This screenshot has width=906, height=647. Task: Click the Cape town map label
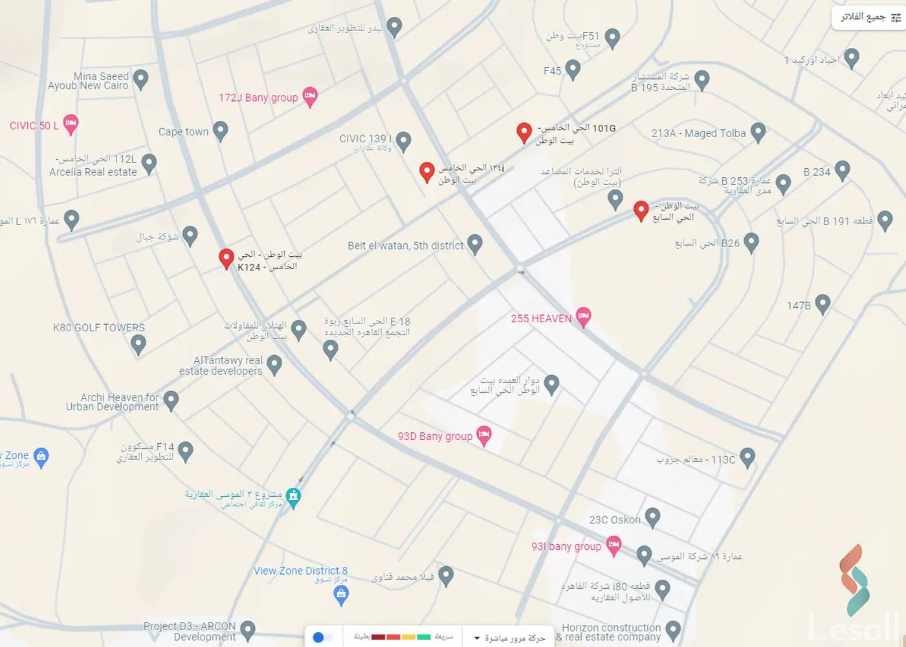pos(184,132)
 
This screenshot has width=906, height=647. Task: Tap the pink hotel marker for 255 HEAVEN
pos(583,317)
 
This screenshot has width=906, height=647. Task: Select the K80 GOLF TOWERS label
pos(99,328)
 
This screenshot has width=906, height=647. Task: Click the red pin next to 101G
pos(524,132)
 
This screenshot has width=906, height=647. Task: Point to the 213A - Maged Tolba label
pos(698,134)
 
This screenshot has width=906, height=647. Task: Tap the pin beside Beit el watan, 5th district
pos(475,244)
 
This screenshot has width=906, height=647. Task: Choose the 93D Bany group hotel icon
pos(483,435)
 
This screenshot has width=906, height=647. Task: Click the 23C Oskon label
pos(615,520)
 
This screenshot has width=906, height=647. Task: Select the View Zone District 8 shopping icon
pos(341,596)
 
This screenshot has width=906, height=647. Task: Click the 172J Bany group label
pos(258,98)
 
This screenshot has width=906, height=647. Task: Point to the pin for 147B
pos(823,303)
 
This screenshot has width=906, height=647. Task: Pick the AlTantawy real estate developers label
pos(221,366)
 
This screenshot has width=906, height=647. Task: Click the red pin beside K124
pos(226,258)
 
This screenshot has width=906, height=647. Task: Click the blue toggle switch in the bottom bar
pos(322,637)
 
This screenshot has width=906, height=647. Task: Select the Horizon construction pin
pos(673,630)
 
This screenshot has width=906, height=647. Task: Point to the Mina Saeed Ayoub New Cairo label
pos(89,81)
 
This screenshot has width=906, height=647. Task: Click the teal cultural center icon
pos(293,497)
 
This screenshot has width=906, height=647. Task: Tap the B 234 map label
pos(817,172)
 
